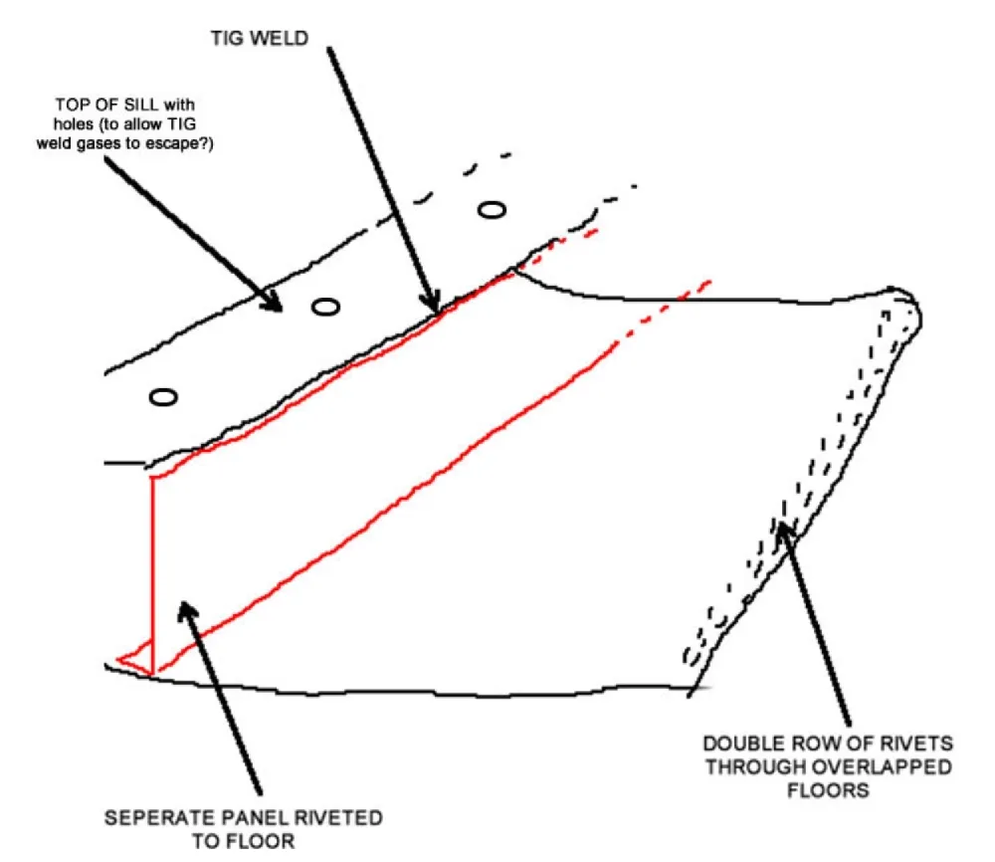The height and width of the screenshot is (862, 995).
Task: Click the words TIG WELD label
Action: pos(260,38)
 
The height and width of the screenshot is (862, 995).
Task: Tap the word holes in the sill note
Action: pos(74,123)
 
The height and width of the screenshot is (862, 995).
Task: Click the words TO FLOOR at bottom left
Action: pos(244,841)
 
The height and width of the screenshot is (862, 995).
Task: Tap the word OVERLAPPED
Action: pos(892,766)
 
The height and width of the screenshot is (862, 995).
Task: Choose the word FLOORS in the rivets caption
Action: pos(828,790)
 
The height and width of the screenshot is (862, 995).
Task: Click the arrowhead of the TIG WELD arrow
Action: pos(432,303)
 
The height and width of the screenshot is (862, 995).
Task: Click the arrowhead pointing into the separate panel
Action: pos(187,612)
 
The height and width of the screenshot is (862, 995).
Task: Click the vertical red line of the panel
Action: pos(152,574)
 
